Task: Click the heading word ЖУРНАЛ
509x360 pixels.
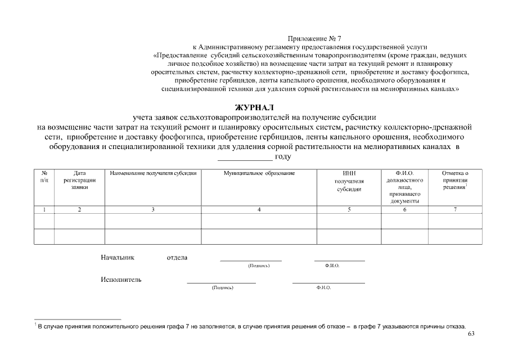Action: (254, 107)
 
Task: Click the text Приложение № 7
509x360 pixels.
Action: (314, 38)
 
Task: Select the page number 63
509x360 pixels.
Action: (471, 335)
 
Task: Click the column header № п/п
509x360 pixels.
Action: (44, 177)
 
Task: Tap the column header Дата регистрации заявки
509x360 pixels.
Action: (79, 180)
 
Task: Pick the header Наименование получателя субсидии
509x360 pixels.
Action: (153, 173)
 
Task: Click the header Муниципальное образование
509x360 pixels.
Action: (259, 173)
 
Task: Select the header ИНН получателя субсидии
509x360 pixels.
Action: (349, 181)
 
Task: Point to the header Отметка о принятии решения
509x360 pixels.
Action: (455, 180)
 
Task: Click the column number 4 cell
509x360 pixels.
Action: (259, 210)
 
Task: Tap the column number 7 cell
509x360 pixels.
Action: (455, 210)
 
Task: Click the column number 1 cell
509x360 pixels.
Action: (44, 210)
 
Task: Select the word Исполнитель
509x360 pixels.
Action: (121, 279)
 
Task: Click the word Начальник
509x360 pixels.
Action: (118, 258)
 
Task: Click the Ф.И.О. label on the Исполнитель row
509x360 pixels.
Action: (324, 287)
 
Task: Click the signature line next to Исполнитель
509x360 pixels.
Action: (221, 282)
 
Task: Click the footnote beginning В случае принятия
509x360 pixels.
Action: (251, 326)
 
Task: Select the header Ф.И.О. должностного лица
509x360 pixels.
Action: (404, 187)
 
